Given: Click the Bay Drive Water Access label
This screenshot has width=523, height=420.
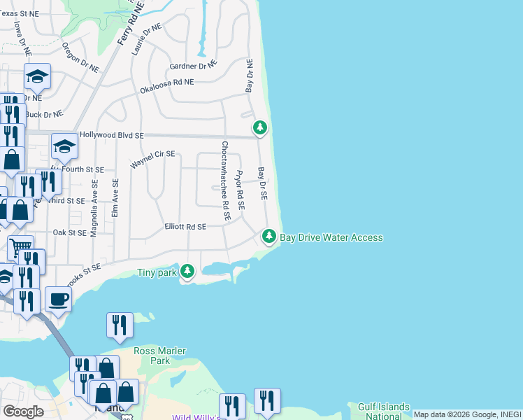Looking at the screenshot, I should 331,237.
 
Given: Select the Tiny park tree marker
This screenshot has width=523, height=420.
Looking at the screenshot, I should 187,271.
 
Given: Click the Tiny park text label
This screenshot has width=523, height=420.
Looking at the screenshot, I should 157,272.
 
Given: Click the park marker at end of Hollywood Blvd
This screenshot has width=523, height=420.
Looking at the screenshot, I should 260,127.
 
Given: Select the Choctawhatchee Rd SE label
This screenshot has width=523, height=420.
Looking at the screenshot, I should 226,181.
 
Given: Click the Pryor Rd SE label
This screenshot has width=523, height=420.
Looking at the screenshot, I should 240,190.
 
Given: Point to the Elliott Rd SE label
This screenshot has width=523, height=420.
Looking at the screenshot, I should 185,227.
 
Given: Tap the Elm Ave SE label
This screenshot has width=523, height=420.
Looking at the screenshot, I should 115,197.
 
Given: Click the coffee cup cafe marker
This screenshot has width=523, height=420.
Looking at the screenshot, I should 59,299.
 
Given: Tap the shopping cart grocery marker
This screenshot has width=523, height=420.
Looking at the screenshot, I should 20,247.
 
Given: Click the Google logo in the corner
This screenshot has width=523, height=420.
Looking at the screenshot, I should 23,412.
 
